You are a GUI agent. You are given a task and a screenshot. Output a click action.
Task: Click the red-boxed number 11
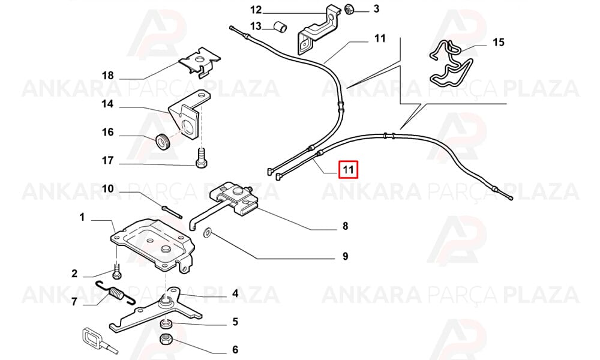click(x=348, y=169)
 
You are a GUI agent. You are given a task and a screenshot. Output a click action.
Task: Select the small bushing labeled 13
click(x=280, y=28)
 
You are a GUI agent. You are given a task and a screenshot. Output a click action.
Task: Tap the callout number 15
click(x=499, y=42)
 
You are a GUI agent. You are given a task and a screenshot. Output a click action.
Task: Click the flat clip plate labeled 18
click(x=200, y=62)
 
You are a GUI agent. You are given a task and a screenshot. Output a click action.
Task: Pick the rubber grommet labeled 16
click(x=163, y=142)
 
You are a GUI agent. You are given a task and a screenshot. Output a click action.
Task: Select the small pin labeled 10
click(x=172, y=212)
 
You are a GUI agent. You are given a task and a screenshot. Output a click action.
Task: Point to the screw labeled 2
click(x=117, y=271)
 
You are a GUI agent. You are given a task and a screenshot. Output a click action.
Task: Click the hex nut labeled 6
click(x=166, y=339)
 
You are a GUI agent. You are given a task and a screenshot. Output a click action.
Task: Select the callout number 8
click(x=345, y=226)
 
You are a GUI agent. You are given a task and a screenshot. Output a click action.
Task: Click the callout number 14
click(x=107, y=104)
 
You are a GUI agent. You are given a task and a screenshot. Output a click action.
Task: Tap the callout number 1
click(x=82, y=217)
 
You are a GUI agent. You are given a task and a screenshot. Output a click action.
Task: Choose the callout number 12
click(x=256, y=9)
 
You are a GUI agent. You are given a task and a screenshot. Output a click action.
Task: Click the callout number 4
click(x=235, y=293)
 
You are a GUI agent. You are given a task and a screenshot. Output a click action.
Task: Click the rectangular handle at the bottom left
click(x=93, y=337)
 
